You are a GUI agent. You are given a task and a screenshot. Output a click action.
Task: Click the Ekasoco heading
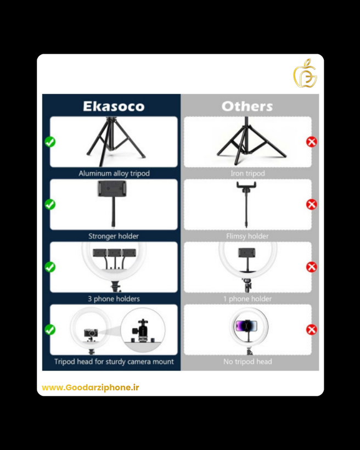[x=114, y=106]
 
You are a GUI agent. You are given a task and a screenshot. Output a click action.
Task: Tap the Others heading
[x=247, y=106]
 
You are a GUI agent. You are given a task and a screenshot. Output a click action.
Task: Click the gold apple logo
[x=305, y=73]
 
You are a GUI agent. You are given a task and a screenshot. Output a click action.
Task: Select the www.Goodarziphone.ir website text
[x=91, y=387]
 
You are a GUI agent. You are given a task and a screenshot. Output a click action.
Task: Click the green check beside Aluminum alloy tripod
[x=50, y=142]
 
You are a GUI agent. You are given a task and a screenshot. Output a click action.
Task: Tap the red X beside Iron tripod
[x=312, y=142]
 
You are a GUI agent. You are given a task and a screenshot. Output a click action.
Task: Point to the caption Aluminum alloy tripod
[x=114, y=173]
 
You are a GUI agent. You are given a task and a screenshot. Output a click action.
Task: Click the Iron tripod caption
[x=248, y=173]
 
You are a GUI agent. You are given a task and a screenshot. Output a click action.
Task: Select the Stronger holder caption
[x=114, y=236]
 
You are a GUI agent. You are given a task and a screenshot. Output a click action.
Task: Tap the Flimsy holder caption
[x=248, y=236]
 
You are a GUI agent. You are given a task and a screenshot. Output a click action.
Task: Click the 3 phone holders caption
[x=114, y=299]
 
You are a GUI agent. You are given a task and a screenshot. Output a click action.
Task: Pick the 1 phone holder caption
[x=248, y=299]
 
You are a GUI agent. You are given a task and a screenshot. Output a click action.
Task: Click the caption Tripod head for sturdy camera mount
[x=114, y=362]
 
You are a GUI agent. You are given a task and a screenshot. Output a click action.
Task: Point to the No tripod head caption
[x=248, y=362]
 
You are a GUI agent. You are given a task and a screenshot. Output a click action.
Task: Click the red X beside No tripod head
[x=312, y=330]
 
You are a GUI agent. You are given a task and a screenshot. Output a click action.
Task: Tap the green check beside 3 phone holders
[x=50, y=267]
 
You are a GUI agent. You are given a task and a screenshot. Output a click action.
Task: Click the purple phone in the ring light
[x=246, y=326]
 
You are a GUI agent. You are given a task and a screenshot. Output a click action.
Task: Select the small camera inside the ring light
[x=91, y=333]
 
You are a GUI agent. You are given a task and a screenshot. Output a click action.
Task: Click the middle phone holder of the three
[x=114, y=252]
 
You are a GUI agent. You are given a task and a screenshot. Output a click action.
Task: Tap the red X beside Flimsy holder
[x=312, y=205]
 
